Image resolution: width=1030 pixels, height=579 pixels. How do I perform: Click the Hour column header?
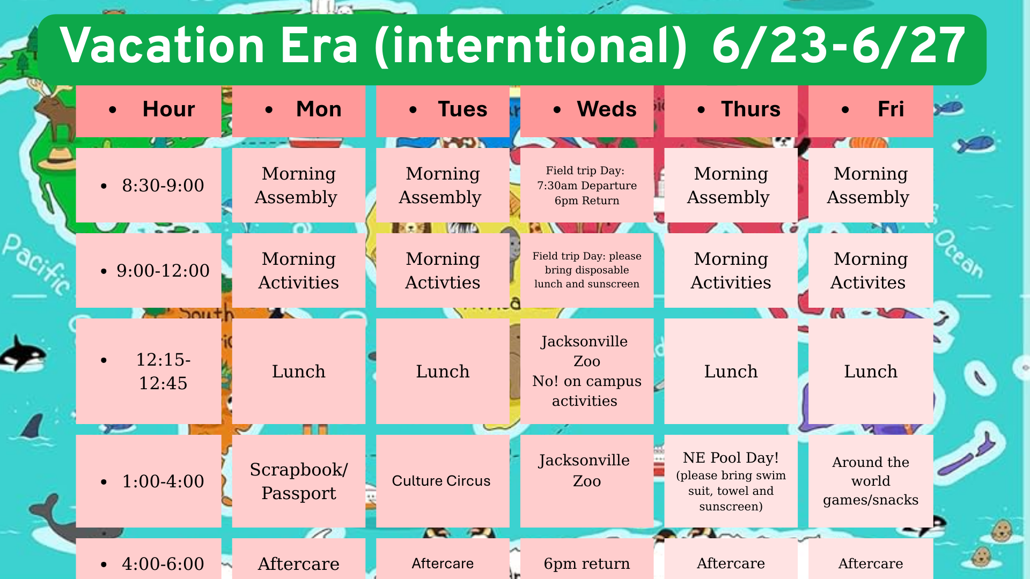click(x=149, y=111)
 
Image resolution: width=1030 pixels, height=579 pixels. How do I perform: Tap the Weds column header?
click(x=587, y=111)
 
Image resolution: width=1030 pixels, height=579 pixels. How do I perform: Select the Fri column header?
click(x=871, y=111)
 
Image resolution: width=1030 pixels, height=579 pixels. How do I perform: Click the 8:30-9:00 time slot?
click(x=149, y=185)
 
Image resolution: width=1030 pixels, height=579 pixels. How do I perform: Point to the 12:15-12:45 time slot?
click(x=149, y=371)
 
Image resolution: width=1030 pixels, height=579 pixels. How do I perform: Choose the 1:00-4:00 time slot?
click(x=149, y=481)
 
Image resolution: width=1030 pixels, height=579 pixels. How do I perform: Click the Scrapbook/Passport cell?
click(x=299, y=481)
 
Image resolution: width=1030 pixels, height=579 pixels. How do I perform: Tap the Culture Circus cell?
click(x=443, y=481)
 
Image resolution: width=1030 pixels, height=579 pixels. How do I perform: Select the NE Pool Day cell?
click(x=731, y=481)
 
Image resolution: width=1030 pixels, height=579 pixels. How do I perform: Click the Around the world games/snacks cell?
click(x=871, y=481)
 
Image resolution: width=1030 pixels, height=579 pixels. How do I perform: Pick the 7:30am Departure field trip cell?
click(x=587, y=185)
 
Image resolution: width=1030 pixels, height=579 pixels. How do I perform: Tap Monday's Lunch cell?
click(x=299, y=371)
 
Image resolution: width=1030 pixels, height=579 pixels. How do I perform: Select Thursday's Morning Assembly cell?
click(x=731, y=185)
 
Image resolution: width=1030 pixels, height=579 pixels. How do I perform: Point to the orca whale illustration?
click(x=23, y=354)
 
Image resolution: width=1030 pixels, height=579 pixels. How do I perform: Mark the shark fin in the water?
click(x=34, y=426)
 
